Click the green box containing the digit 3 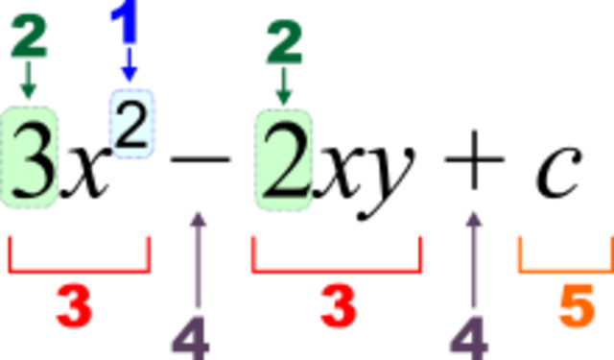click(30, 157)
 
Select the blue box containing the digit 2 click(132, 123)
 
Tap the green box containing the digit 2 click(283, 159)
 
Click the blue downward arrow click(130, 70)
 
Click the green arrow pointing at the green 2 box click(284, 88)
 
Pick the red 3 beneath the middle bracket click(338, 307)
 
